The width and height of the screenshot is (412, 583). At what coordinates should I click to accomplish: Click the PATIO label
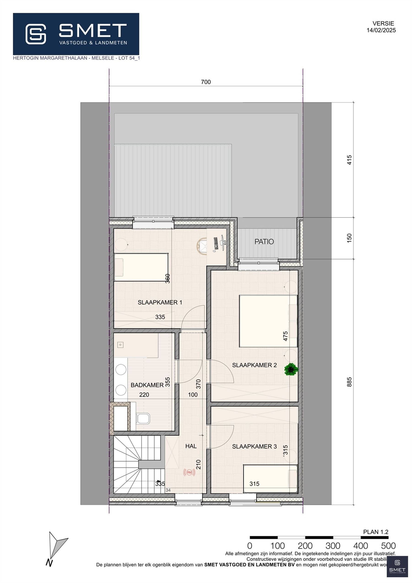point(264,242)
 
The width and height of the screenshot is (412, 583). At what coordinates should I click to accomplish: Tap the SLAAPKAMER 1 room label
point(160,302)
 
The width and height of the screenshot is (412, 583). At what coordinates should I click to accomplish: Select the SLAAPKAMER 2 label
point(254,365)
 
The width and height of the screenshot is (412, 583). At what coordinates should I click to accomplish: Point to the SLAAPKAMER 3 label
point(254,446)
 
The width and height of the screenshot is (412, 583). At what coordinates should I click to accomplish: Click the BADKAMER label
point(147,385)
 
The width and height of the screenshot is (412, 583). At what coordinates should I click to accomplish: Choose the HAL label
point(191,446)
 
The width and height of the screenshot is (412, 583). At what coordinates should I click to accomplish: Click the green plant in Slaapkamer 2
point(291,369)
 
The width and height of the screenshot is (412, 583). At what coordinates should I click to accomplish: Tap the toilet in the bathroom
point(143,418)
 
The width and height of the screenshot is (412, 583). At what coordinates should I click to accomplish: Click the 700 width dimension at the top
point(206,82)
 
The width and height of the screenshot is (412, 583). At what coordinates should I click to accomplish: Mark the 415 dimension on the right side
point(349,160)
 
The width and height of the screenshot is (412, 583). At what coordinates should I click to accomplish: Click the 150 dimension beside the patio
point(349,238)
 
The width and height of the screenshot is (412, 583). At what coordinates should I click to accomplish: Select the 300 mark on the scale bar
point(333,546)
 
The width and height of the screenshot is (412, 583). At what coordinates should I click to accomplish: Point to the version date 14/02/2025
point(381,30)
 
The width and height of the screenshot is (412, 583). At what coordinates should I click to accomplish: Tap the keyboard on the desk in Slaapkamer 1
point(216,243)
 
